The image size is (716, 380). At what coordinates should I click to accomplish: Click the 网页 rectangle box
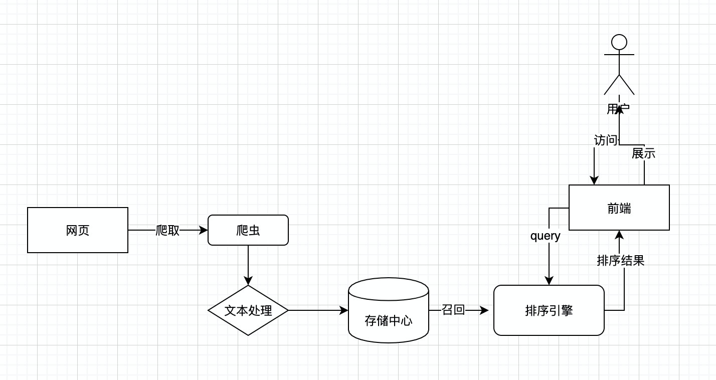coord(78,230)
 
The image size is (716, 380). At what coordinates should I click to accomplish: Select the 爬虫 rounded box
coord(248,230)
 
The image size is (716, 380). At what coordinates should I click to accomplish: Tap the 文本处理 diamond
coord(248,310)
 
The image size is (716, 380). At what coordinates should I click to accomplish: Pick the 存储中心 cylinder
coord(389,310)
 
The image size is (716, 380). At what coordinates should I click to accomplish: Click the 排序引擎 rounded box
coord(549,310)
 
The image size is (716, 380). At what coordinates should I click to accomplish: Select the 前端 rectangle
coord(619,208)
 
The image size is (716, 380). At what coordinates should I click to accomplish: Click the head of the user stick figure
coord(619,42)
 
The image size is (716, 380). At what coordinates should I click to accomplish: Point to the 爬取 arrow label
coord(167,230)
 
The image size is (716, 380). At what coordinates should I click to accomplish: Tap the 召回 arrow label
coord(453,310)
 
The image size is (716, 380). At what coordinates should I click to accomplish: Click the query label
coord(546,236)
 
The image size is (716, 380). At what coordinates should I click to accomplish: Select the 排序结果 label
coord(620,261)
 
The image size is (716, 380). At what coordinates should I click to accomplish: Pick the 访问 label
coord(606,140)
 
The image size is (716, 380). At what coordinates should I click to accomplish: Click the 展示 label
coord(643,153)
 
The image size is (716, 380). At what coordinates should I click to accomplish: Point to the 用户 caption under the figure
coord(618,109)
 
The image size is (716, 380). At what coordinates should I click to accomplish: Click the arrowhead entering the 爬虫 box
coord(203,230)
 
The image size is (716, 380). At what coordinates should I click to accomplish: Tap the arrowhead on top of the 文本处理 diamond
coord(248,280)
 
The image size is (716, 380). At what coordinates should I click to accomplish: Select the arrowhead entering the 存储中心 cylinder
coord(343,310)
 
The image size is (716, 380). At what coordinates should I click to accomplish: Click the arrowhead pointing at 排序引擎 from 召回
coord(484,310)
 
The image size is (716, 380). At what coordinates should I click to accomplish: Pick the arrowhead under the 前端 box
coord(619,235)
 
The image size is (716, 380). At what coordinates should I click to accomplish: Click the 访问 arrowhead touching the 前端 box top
coord(594,180)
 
